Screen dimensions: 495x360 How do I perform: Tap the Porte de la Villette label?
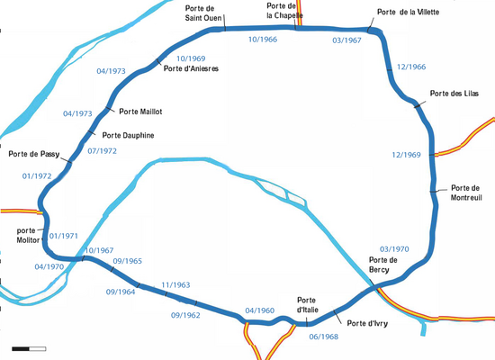click(x=409, y=12)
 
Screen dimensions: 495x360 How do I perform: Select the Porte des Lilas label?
click(x=454, y=94)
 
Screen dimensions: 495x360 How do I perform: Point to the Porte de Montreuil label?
click(x=466, y=193)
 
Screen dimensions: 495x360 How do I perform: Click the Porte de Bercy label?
click(x=383, y=265)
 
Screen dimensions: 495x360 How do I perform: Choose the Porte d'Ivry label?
click(x=367, y=323)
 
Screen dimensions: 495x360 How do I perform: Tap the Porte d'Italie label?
click(x=308, y=305)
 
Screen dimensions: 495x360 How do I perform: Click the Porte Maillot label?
click(x=140, y=112)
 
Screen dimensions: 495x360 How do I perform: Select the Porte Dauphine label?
click(x=128, y=136)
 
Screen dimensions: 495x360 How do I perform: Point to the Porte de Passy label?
click(x=34, y=154)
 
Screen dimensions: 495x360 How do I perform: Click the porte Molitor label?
click(x=29, y=235)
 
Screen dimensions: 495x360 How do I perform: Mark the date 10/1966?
click(x=263, y=40)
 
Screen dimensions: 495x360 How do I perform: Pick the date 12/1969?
click(x=406, y=155)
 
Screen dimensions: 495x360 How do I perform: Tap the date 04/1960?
click(x=260, y=310)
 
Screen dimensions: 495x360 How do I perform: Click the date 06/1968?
click(x=324, y=337)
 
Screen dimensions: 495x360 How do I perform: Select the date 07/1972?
click(x=102, y=151)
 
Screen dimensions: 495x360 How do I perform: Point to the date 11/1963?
click(x=175, y=284)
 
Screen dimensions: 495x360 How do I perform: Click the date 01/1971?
click(x=64, y=236)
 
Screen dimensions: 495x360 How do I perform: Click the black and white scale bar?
click(x=29, y=349)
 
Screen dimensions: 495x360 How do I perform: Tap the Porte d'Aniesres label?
click(x=191, y=68)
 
